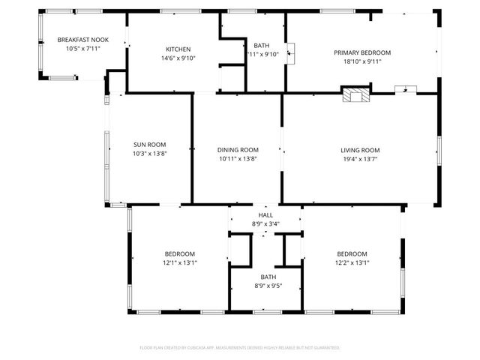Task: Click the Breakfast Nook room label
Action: [82, 40]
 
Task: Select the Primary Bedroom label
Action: [362, 52]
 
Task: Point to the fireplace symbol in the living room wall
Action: [356, 94]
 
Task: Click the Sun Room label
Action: [149, 145]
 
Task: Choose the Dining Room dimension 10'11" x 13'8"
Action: [238, 158]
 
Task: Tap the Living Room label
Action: [360, 149]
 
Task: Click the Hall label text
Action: [266, 214]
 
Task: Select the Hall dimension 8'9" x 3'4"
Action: [266, 223]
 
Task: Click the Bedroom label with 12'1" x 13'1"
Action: [180, 253]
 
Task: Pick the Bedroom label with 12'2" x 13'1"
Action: [352, 253]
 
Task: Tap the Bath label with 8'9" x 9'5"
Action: [268, 277]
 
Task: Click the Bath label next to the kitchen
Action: [261, 45]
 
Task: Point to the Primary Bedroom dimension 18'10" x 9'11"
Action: [362, 62]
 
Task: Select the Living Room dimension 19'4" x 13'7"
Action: [360, 158]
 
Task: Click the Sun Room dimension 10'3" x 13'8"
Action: [149, 154]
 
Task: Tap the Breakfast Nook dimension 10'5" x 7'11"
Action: [82, 49]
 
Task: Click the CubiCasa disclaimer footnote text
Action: [240, 347]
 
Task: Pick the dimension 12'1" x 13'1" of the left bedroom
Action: [180, 262]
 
